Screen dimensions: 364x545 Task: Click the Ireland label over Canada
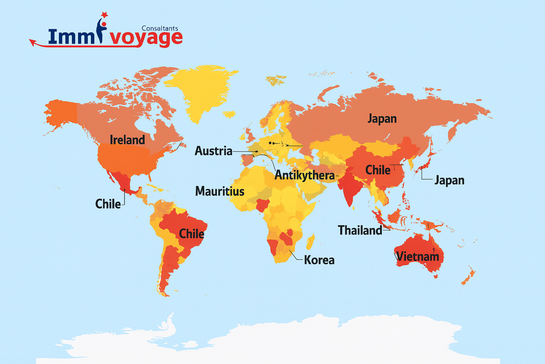(x=127, y=140)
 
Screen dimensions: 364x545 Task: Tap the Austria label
(x=213, y=151)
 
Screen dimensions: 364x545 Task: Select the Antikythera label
(x=304, y=175)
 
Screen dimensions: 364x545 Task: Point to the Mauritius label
(x=220, y=191)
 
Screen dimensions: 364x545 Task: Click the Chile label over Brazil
(x=192, y=234)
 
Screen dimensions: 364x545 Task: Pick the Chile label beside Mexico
(x=108, y=204)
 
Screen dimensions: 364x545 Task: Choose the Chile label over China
(x=378, y=170)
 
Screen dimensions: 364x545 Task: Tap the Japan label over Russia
(x=382, y=118)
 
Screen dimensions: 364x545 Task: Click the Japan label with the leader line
(x=449, y=180)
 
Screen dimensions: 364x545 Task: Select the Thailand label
(x=360, y=230)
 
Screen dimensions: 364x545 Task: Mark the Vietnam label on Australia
(x=417, y=256)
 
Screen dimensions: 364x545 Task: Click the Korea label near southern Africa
(x=319, y=260)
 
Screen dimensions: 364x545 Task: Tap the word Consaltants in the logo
(x=160, y=28)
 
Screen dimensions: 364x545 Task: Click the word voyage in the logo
(x=146, y=38)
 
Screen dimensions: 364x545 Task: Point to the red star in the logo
(x=104, y=15)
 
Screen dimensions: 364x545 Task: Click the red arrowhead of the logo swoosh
(x=32, y=43)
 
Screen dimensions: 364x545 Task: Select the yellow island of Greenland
(x=200, y=89)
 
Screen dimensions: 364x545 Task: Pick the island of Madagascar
(x=310, y=242)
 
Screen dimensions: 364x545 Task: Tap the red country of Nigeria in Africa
(x=263, y=204)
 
